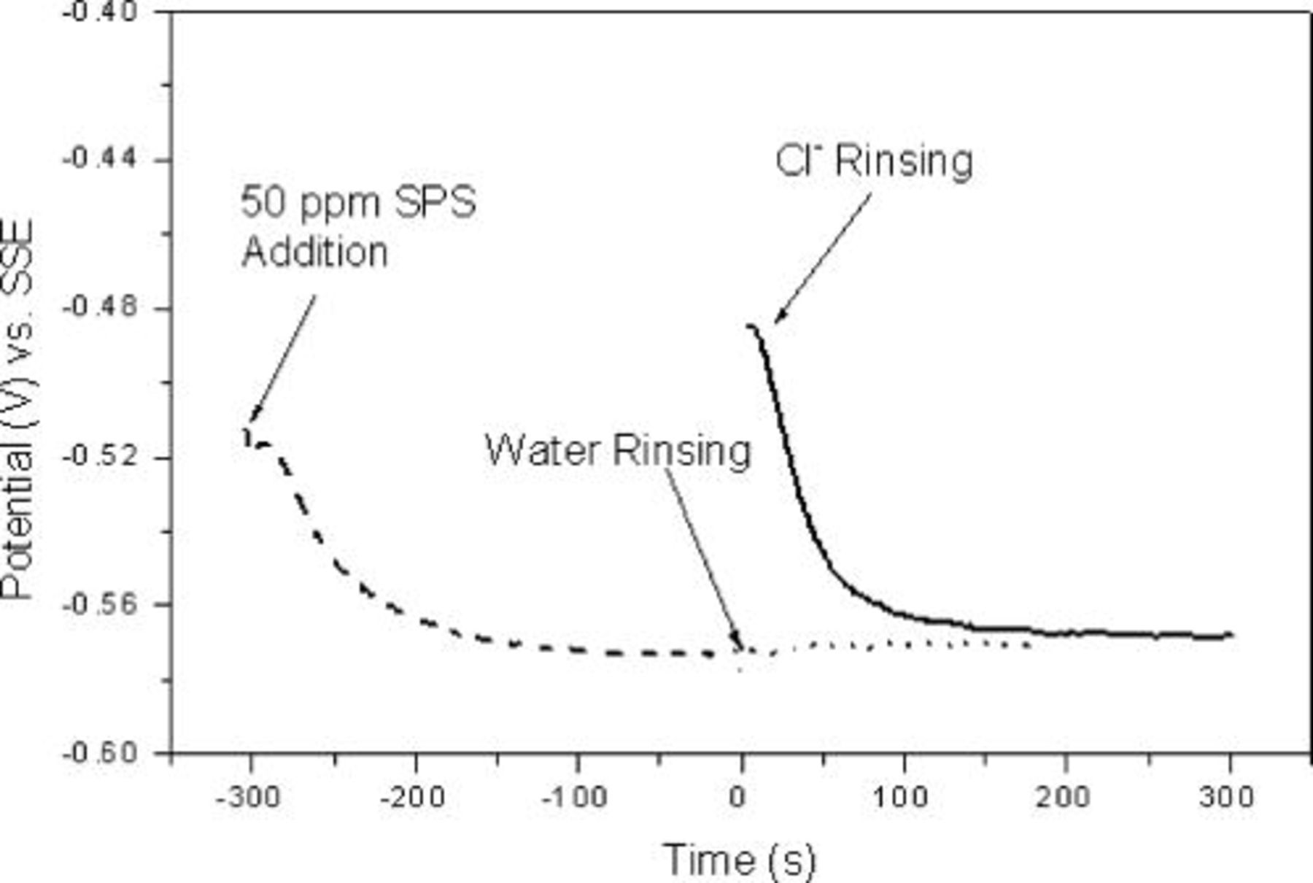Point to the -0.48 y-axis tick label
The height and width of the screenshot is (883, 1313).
tap(101, 306)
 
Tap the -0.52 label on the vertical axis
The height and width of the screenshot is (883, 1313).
tap(101, 457)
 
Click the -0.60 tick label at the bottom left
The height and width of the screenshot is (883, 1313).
tap(101, 752)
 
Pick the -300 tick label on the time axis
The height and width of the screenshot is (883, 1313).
tap(249, 796)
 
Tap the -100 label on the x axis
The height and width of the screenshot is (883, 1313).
tap(576, 796)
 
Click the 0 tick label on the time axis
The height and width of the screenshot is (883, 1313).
tap(739, 796)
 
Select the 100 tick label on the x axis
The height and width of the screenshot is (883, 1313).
tap(901, 796)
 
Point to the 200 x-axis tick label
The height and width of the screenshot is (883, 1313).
tap(1064, 796)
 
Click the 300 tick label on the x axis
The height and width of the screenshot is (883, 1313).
tap(1227, 796)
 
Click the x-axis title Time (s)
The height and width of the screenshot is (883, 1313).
tap(739, 859)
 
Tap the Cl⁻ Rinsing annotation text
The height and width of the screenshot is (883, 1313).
tap(874, 160)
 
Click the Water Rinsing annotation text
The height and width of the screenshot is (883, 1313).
tap(618, 450)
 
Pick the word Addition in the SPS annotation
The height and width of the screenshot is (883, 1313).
tap(314, 252)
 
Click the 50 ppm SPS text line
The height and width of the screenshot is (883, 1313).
tap(358, 201)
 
